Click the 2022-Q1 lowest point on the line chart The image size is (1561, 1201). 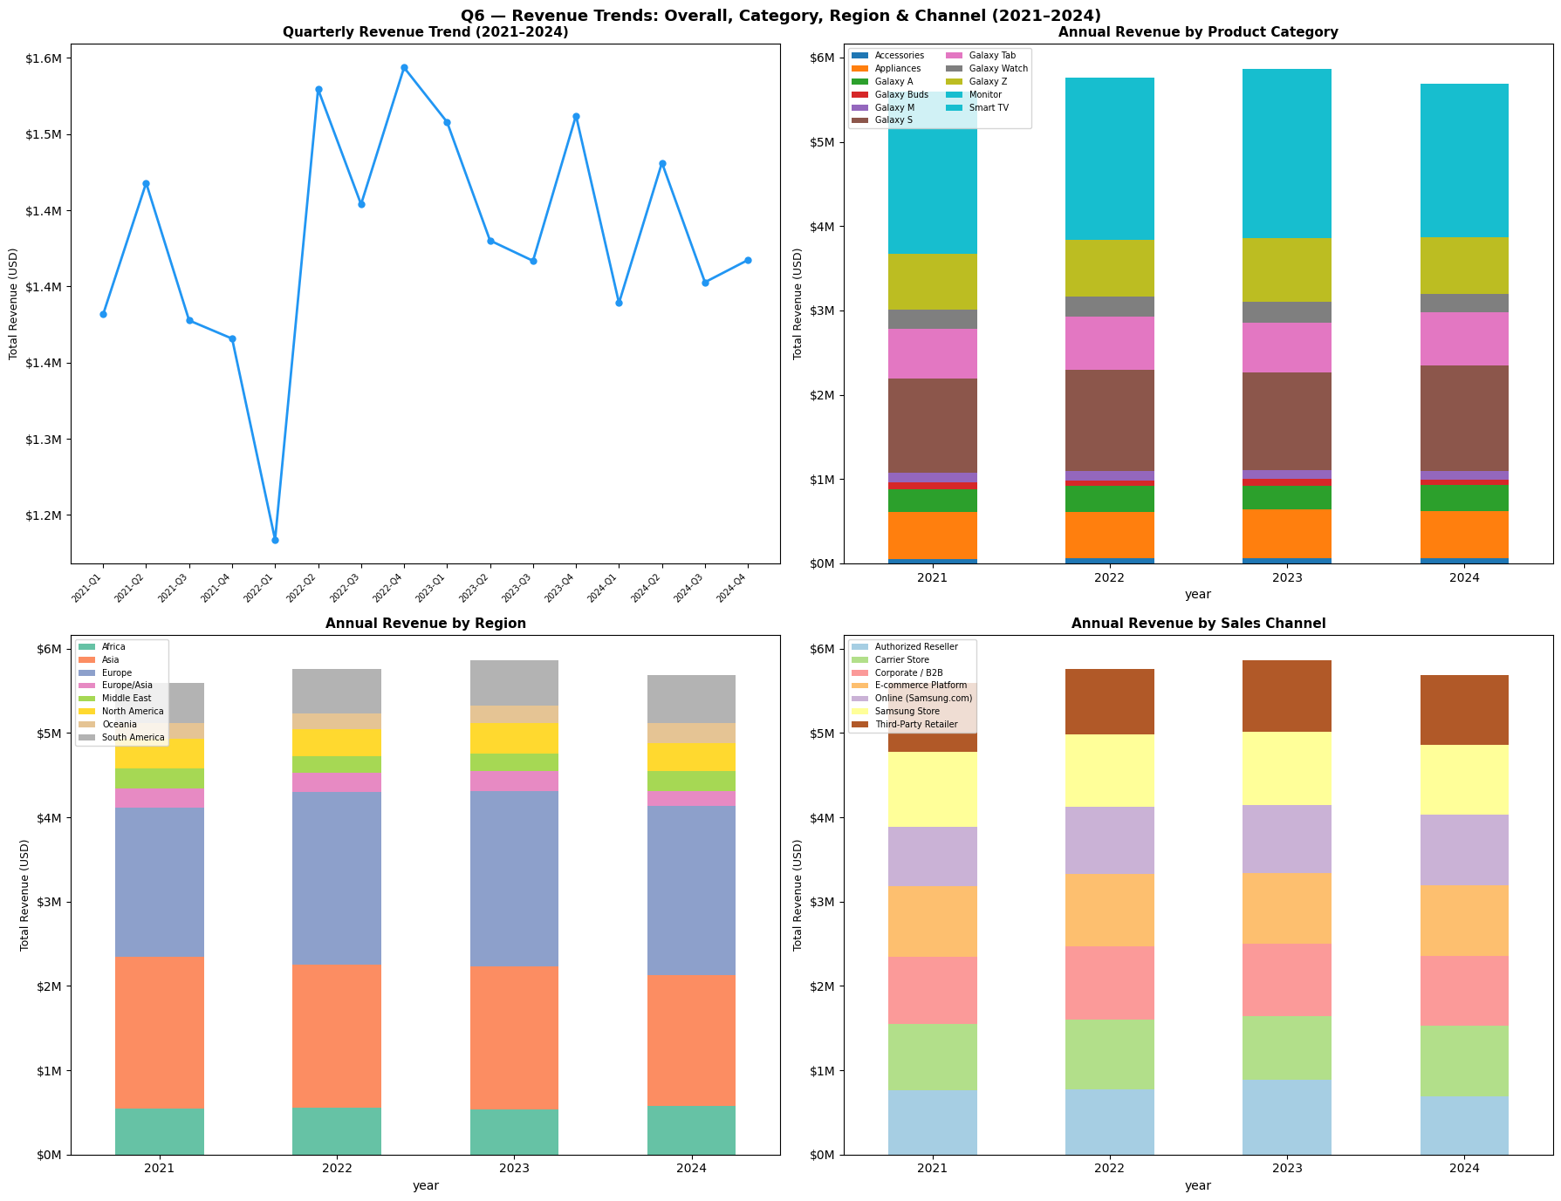point(275,540)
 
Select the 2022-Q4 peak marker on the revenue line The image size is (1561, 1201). point(404,67)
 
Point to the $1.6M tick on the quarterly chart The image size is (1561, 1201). point(47,58)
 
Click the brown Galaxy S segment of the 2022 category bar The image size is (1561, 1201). point(1109,420)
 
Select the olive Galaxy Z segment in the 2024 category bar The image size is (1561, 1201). point(1464,265)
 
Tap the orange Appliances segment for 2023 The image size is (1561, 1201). point(1286,534)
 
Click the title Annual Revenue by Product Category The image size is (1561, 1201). point(1197,32)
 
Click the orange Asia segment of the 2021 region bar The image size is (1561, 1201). point(159,1033)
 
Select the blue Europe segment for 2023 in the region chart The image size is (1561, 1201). point(513,878)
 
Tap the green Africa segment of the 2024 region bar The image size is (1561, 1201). point(691,1130)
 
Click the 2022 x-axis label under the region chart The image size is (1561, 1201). point(337,1168)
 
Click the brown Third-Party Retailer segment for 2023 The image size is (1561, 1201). point(1286,696)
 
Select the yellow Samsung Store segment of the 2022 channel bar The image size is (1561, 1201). point(1109,770)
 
